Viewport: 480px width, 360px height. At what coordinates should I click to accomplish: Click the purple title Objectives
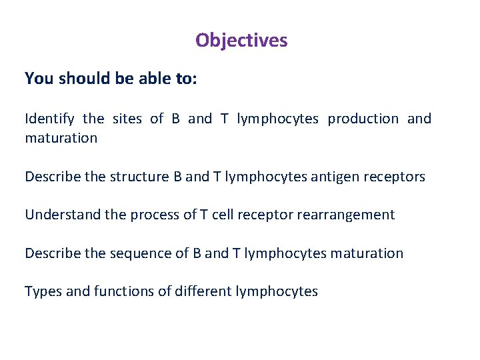241,41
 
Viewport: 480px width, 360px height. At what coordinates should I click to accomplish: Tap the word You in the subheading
39,79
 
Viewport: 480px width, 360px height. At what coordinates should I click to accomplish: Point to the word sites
127,119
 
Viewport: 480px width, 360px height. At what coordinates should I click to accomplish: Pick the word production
363,119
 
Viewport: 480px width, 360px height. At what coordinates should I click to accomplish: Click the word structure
141,177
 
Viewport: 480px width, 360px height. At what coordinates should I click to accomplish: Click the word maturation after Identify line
61,139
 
